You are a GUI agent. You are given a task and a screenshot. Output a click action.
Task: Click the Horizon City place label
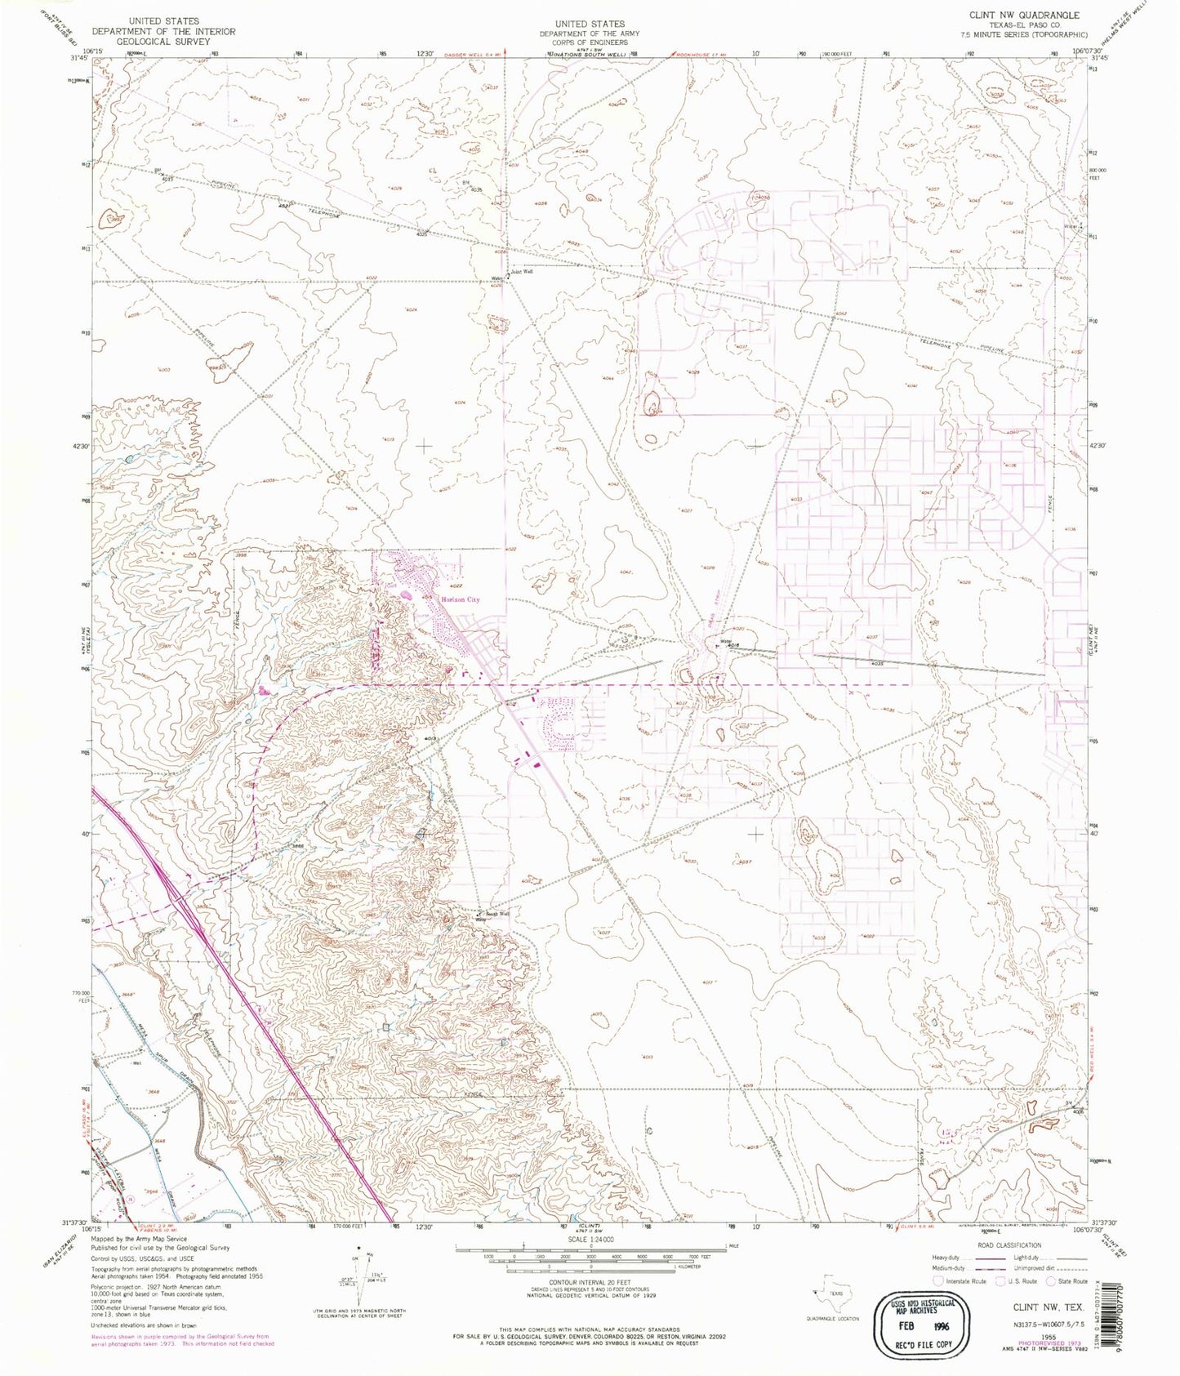coord(461,599)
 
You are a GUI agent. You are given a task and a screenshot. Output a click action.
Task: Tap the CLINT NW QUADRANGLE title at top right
coord(1035,15)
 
